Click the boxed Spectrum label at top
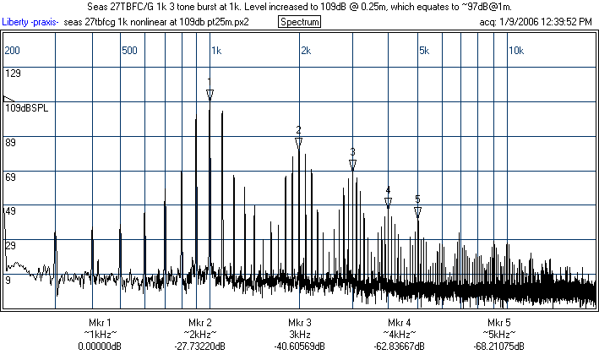coord(299,21)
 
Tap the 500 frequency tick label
coord(129,51)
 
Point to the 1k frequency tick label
coord(215,51)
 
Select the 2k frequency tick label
coord(305,51)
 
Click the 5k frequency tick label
coord(424,51)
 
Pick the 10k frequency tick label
coord(515,51)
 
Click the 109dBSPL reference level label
coord(26,109)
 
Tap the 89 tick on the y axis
coord(11,144)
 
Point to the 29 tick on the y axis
coord(11,245)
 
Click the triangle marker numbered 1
coord(210,94)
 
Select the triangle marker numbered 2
coord(299,143)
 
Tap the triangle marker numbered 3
coord(353,164)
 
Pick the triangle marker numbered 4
coord(388,203)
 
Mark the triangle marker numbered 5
coord(417,211)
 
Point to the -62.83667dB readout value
coord(400,346)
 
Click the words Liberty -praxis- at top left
coord(30,21)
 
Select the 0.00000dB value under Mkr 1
coord(99,346)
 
